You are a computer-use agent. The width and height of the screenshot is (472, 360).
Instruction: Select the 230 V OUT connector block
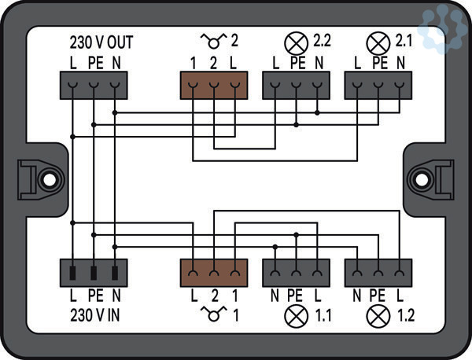click(94, 85)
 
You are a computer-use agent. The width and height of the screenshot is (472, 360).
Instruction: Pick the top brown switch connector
click(214, 85)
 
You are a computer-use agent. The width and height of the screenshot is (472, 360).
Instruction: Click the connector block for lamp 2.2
click(296, 85)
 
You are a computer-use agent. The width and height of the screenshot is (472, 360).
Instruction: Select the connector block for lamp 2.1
click(378, 85)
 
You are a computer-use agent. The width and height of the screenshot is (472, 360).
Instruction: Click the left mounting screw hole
click(48, 179)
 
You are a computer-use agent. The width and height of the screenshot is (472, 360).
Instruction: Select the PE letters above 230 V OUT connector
click(94, 61)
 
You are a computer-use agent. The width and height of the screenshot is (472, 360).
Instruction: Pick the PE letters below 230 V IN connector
click(94, 297)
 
